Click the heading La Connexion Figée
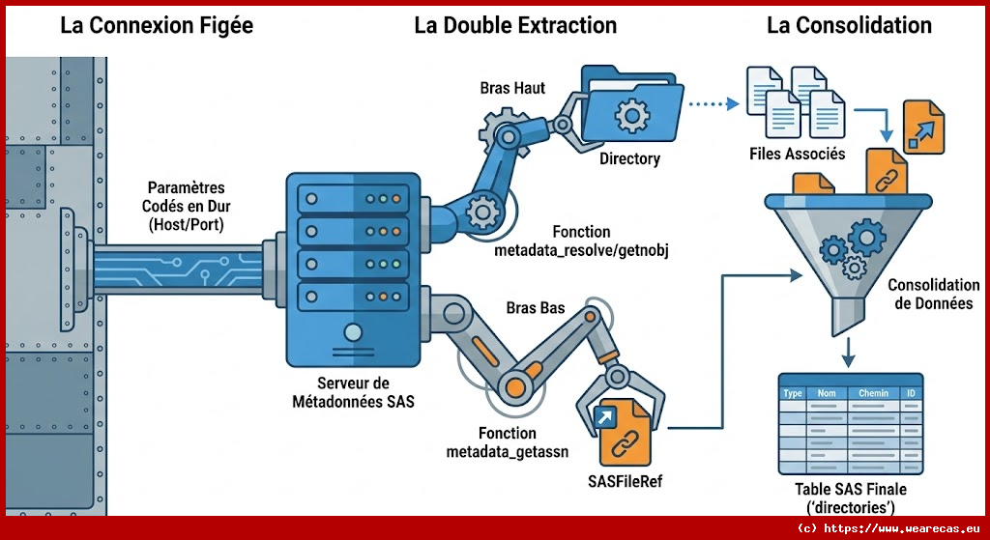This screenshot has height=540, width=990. (x=157, y=26)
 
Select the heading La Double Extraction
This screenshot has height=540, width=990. (x=515, y=26)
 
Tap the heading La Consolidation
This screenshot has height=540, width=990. (x=849, y=26)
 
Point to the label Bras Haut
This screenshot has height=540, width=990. (x=512, y=88)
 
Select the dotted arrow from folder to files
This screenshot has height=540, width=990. (x=711, y=102)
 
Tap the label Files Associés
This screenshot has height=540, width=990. (x=797, y=154)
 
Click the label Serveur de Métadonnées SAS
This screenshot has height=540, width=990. (x=353, y=391)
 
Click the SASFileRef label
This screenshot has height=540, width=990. (x=625, y=480)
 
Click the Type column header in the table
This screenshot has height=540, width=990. (x=793, y=393)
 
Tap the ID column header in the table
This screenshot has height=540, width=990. (x=910, y=393)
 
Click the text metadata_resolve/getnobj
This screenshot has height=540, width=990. (x=582, y=250)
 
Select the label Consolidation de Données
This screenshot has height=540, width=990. (x=933, y=295)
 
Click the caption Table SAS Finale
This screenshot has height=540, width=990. (x=851, y=490)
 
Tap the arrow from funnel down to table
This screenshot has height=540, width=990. (x=849, y=352)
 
